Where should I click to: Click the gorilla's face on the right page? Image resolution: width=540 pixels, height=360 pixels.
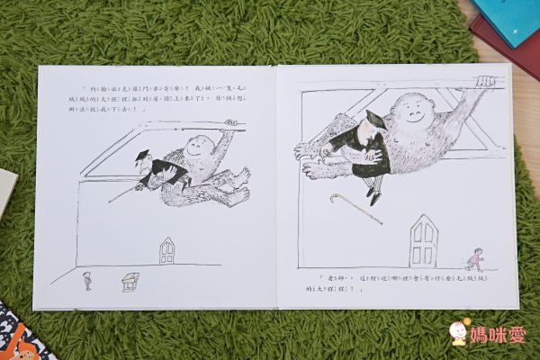pos(412,114)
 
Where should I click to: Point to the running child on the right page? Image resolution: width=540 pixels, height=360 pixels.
pos(475,259)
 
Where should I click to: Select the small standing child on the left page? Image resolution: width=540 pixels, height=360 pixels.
pos(86,280)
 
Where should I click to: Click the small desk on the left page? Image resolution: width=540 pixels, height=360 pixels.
pos(130,281)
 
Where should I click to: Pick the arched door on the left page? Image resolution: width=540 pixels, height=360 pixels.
pos(166,250)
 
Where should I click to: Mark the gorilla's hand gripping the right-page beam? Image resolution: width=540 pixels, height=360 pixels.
pos(486,82)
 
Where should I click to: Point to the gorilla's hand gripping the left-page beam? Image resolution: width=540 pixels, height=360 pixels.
pos(232,123)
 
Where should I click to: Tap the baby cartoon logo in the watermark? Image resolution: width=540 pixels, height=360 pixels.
pos(460,331)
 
